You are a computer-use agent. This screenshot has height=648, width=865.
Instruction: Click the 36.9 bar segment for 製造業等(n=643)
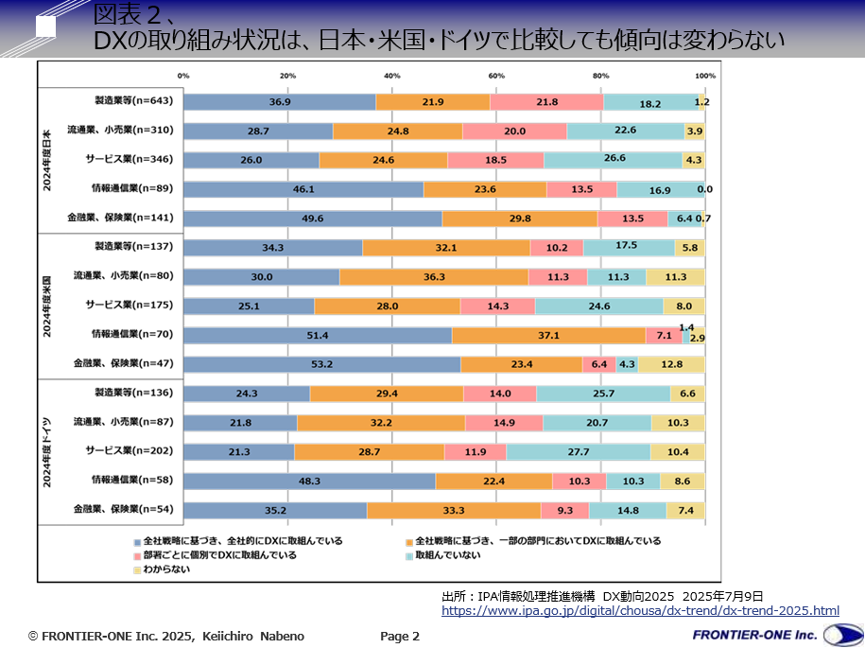(279, 102)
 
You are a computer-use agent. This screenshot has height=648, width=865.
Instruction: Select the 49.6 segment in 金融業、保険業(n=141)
(312, 219)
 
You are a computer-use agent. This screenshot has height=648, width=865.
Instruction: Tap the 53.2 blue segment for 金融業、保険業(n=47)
(321, 364)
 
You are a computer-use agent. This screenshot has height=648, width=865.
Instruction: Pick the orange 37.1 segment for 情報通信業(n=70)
(548, 335)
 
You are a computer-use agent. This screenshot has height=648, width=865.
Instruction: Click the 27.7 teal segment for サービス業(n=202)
(578, 452)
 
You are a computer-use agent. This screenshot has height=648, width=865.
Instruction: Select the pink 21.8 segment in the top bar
(546, 102)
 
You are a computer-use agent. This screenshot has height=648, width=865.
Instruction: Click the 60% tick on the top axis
(496, 76)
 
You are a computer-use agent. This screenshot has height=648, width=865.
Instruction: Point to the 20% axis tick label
(287, 76)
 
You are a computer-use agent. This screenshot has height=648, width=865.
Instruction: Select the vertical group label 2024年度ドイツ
(47, 451)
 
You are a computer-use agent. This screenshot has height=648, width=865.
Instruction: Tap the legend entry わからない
(167, 569)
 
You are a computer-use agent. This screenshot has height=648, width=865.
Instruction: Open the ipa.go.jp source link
(640, 611)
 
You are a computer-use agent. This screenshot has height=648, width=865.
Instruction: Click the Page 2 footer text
(400, 637)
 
